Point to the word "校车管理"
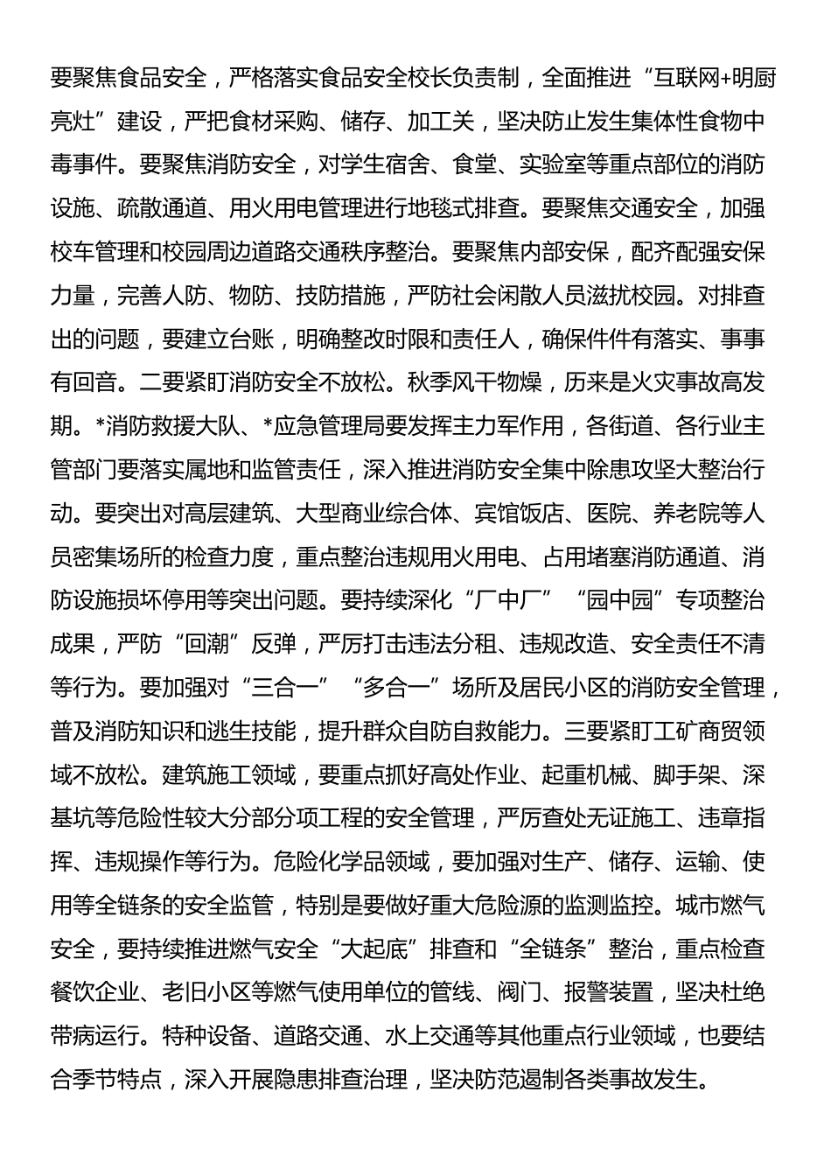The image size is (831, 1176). [x=94, y=252]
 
